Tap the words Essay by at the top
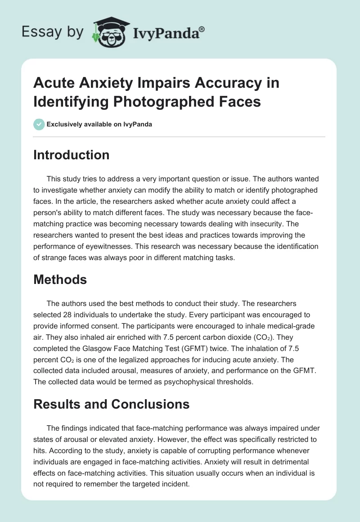pyautogui.click(x=53, y=32)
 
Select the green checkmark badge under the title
pyautogui.click(x=40, y=124)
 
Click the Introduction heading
pyautogui.click(x=72, y=155)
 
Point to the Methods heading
pyautogui.click(x=60, y=279)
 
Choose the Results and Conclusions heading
pyautogui.click(x=112, y=404)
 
